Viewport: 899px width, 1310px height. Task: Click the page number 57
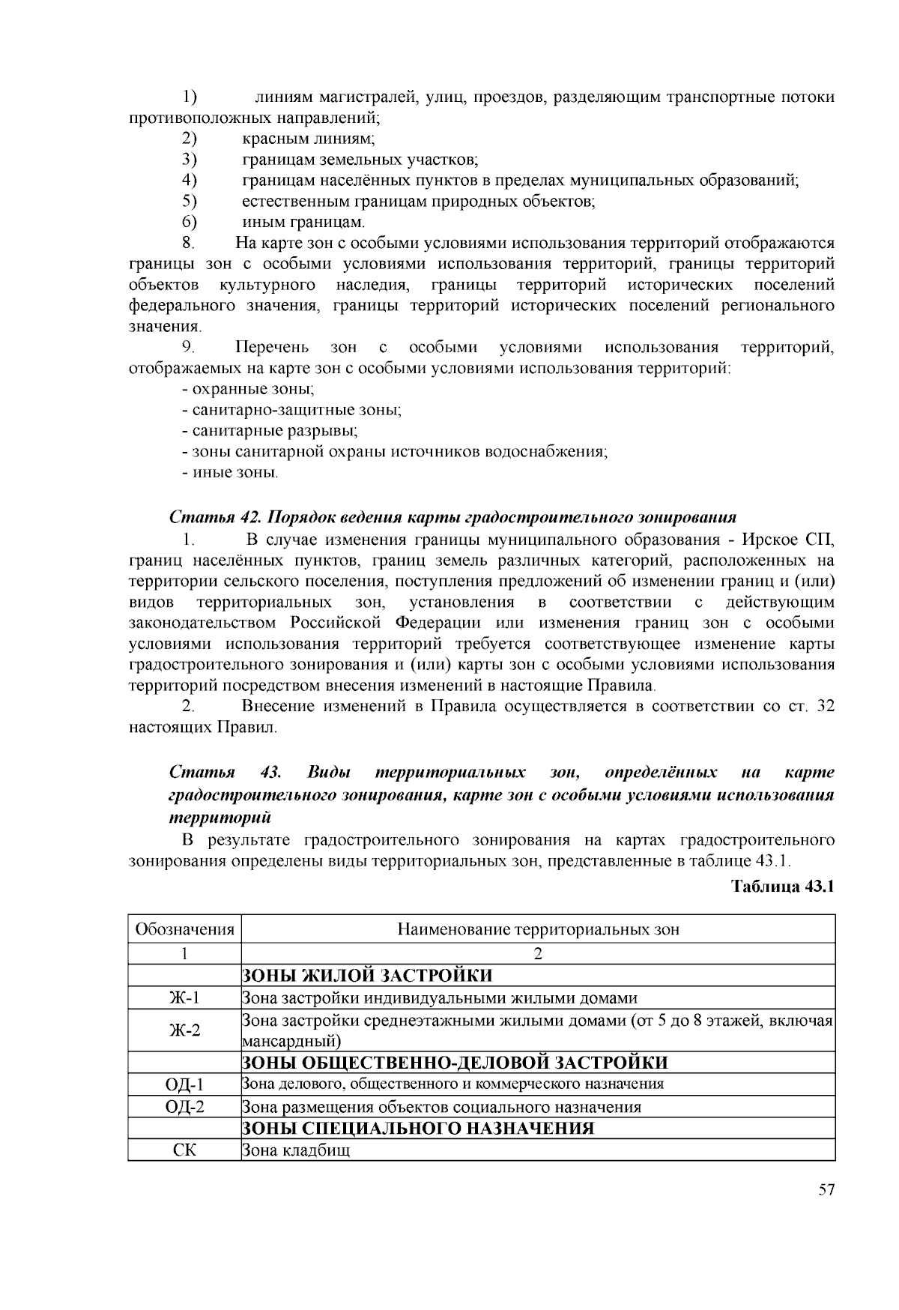tap(826, 1191)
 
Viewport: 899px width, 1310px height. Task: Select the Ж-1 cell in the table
tap(184, 997)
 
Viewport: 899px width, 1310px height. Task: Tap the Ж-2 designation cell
tap(184, 1030)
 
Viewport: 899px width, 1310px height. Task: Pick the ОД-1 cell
tap(184, 1084)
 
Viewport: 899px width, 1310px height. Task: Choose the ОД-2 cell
tap(184, 1107)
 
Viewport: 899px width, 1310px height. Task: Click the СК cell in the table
tap(184, 1150)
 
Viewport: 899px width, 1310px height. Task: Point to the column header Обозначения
tap(184, 930)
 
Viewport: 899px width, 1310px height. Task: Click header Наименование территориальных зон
tap(538, 930)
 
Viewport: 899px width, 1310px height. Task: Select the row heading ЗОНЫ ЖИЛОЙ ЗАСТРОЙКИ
tap(367, 976)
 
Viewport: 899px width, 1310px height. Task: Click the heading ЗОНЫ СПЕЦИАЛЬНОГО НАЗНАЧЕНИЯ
tap(417, 1129)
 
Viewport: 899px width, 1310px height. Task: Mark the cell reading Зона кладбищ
tap(296, 1150)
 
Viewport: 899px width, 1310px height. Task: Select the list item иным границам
tap(303, 223)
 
